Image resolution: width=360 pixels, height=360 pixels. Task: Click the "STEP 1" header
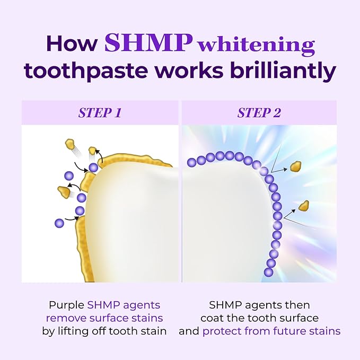pos(99,113)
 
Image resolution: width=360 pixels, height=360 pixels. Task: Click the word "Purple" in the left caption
pos(66,305)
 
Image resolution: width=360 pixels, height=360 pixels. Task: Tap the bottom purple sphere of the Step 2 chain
pos(268,272)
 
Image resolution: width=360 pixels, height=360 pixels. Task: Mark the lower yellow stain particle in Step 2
pos(304,205)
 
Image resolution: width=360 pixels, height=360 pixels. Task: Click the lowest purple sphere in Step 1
pos(59,223)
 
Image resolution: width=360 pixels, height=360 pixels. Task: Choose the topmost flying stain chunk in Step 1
pos(69,144)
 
